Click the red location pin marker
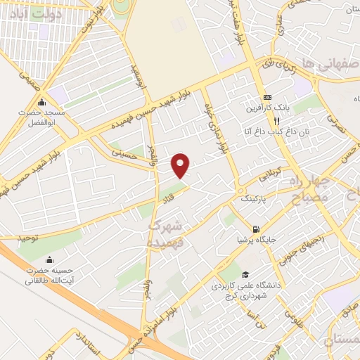tap(181, 165)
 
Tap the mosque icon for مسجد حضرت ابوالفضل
tap(43, 102)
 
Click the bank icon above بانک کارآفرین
tap(266, 97)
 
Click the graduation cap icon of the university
tap(245, 274)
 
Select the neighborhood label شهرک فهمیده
tap(166, 233)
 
